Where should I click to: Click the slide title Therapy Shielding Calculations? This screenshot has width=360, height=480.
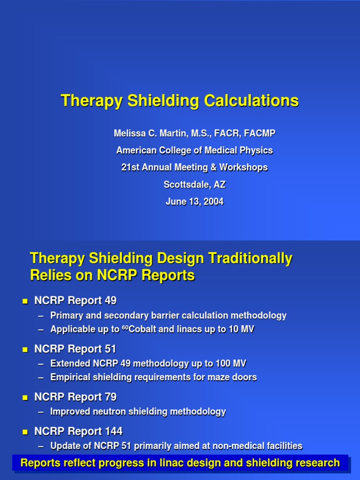click(x=180, y=101)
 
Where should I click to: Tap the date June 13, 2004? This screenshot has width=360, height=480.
click(x=195, y=202)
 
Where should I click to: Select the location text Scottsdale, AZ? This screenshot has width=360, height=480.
click(x=195, y=185)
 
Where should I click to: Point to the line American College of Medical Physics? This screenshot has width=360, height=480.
click(x=195, y=150)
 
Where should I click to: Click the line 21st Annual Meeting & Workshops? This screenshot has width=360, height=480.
click(x=195, y=167)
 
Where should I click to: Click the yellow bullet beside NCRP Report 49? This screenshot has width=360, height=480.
click(x=25, y=301)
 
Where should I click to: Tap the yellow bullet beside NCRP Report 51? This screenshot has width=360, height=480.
click(x=25, y=350)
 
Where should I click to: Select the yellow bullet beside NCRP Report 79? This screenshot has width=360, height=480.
click(x=25, y=397)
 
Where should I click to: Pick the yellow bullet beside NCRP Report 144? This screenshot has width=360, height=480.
click(x=25, y=432)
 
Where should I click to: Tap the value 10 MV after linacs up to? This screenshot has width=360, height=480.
click(x=242, y=330)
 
